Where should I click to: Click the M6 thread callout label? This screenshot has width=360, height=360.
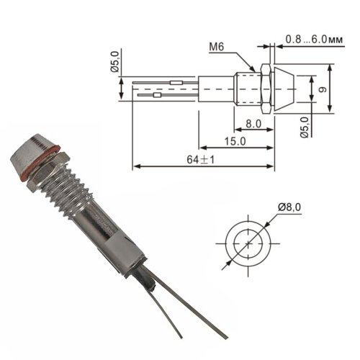(x=216, y=47)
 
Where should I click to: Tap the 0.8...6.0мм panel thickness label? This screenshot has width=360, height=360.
(x=314, y=40)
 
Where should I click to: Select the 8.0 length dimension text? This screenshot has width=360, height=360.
(x=253, y=124)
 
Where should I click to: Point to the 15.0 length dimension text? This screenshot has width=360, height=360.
(x=235, y=141)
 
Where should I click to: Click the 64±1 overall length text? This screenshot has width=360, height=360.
(x=200, y=160)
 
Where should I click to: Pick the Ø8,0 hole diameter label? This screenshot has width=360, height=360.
(x=289, y=207)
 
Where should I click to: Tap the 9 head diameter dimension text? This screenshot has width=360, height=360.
(x=323, y=89)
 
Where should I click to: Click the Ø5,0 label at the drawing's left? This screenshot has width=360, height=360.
(x=114, y=62)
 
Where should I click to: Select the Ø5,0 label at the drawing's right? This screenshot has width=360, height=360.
(x=305, y=127)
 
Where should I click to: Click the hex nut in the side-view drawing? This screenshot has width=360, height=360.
(x=266, y=89)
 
